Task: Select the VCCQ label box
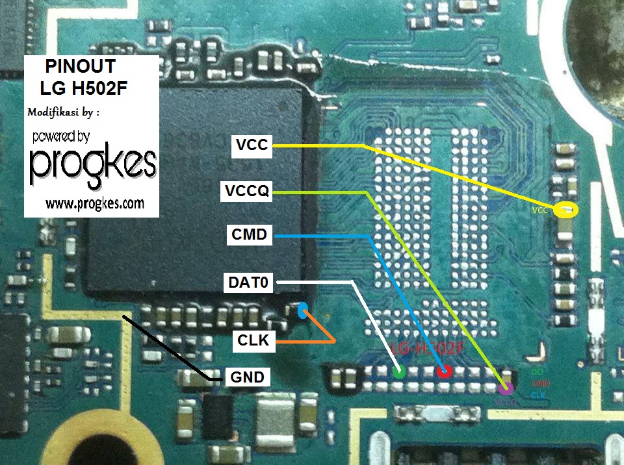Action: pyautogui.click(x=246, y=191)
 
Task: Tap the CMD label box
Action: pyautogui.click(x=249, y=235)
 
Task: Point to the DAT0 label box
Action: pyautogui.click(x=249, y=283)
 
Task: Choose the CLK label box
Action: pyautogui.click(x=253, y=338)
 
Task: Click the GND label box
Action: pyautogui.click(x=247, y=377)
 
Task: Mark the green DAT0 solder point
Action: pyautogui.click(x=400, y=371)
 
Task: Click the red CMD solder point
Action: pyautogui.click(x=445, y=371)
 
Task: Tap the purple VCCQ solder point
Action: pyautogui.click(x=506, y=388)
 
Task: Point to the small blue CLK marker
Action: pyautogui.click(x=302, y=312)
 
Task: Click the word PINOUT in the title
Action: pyautogui.click(x=81, y=66)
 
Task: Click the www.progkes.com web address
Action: pyautogui.click(x=94, y=204)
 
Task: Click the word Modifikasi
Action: pyautogui.click(x=53, y=112)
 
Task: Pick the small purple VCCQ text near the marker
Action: pyautogui.click(x=506, y=403)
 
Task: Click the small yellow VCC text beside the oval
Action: pyautogui.click(x=539, y=211)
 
